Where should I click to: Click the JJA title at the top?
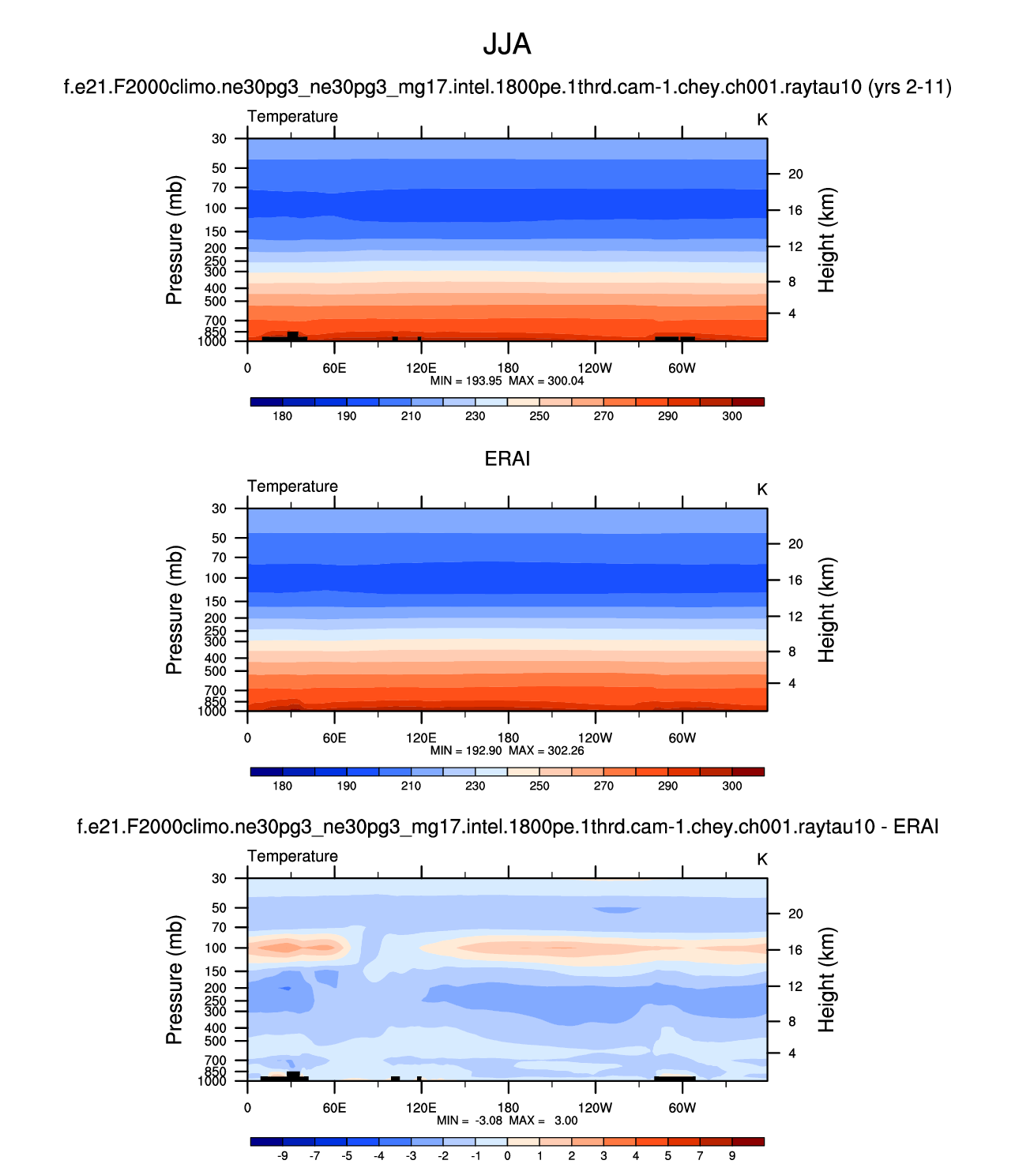pos(507,44)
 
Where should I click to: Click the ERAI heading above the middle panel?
pos(507,459)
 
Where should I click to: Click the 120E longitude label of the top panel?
pos(421,368)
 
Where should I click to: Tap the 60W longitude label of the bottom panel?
pos(682,1108)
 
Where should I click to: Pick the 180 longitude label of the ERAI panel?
pos(508,738)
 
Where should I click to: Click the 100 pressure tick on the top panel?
pos(216,208)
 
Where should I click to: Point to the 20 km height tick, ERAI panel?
pos(795,544)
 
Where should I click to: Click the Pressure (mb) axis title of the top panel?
pos(175,240)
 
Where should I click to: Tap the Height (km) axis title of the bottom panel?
pos(826,979)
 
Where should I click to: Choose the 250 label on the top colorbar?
pos(539,416)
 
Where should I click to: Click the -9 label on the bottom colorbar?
pos(282,1156)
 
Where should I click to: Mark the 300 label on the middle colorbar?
pos(732,786)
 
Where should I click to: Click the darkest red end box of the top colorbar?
pos(748,402)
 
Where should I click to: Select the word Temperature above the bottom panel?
pos(292,856)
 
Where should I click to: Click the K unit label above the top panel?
pos(762,119)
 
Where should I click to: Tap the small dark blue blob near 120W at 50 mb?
pos(616,910)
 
